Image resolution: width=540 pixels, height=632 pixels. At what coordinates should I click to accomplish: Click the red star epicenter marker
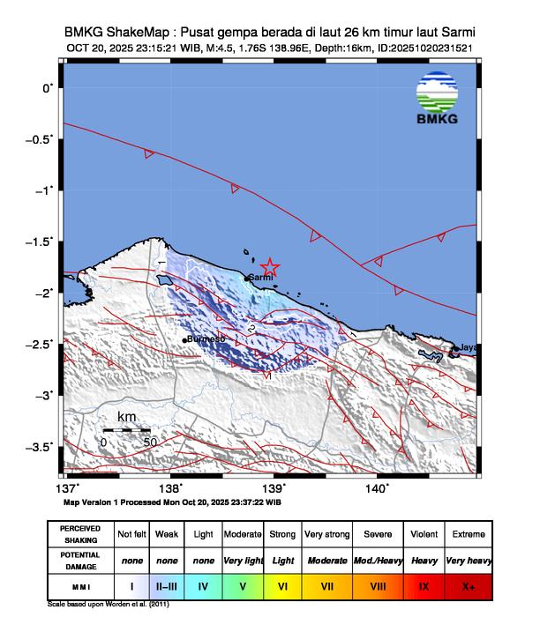pyautogui.click(x=270, y=267)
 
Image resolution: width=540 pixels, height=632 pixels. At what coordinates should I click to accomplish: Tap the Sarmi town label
pyautogui.click(x=262, y=278)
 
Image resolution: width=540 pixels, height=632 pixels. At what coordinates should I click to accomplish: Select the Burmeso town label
pyautogui.click(x=207, y=338)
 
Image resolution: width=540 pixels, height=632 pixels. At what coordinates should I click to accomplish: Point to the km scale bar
pyautogui.click(x=125, y=430)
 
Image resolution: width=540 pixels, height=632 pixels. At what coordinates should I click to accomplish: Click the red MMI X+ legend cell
pyautogui.click(x=468, y=584)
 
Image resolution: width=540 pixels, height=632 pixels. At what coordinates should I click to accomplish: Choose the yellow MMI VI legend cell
pyautogui.click(x=282, y=584)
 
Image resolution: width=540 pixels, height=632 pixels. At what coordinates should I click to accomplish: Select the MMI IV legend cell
pyautogui.click(x=203, y=584)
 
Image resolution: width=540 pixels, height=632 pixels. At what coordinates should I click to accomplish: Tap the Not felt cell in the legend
pyautogui.click(x=131, y=534)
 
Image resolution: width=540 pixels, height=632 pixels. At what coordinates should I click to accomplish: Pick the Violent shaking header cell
pyautogui.click(x=424, y=534)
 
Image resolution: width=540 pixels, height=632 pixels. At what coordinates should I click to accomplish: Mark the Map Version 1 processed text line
pyautogui.click(x=172, y=502)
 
